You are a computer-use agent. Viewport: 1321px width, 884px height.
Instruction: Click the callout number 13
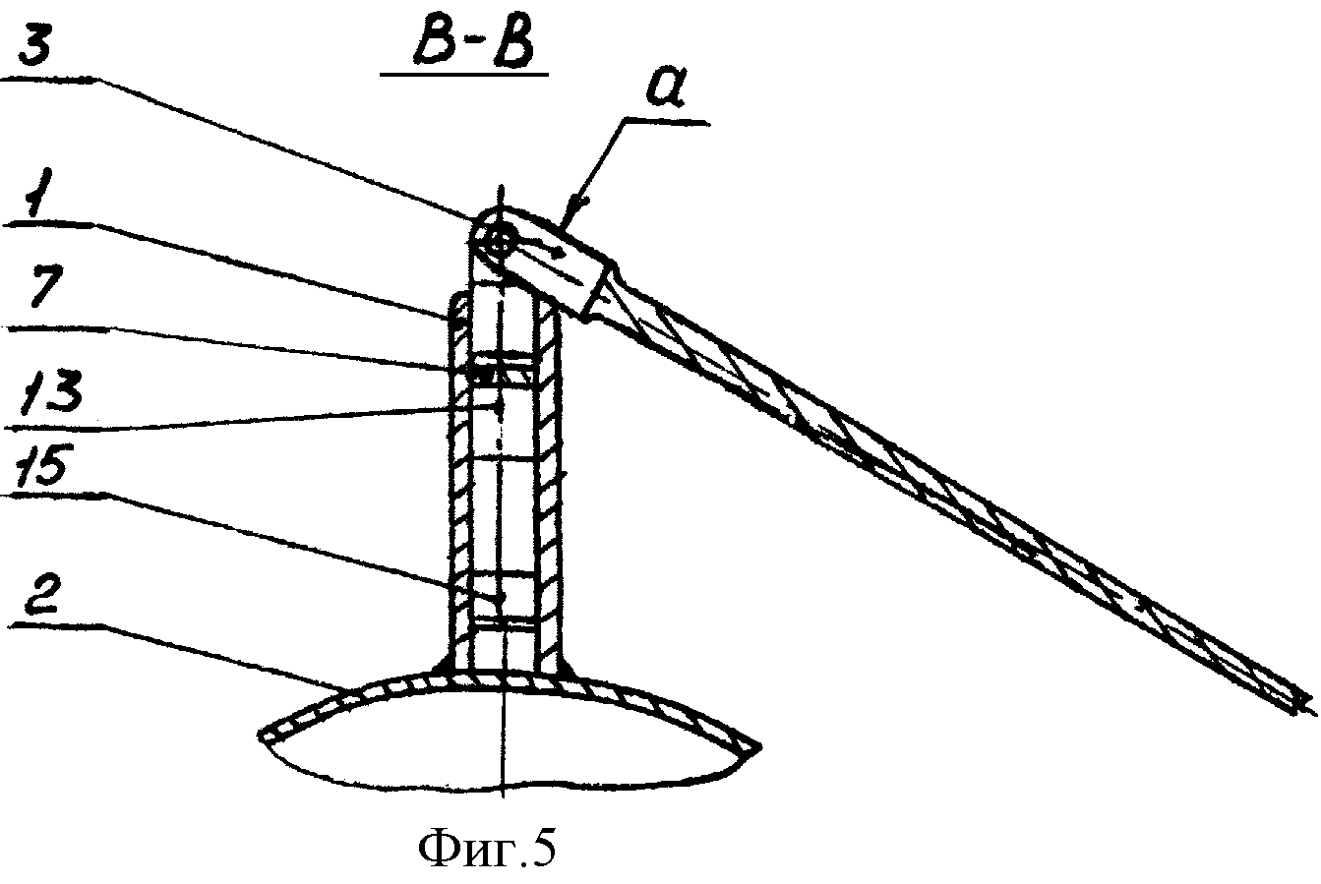(x=49, y=390)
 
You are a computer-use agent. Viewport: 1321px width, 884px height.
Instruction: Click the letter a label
(x=665, y=89)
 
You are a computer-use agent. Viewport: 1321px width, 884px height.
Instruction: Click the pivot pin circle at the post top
(x=500, y=242)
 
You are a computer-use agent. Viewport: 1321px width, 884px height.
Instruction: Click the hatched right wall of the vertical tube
(x=549, y=484)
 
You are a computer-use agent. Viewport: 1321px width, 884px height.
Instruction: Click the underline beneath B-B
(x=464, y=75)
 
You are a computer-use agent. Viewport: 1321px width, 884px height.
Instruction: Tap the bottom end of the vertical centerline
(x=503, y=798)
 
